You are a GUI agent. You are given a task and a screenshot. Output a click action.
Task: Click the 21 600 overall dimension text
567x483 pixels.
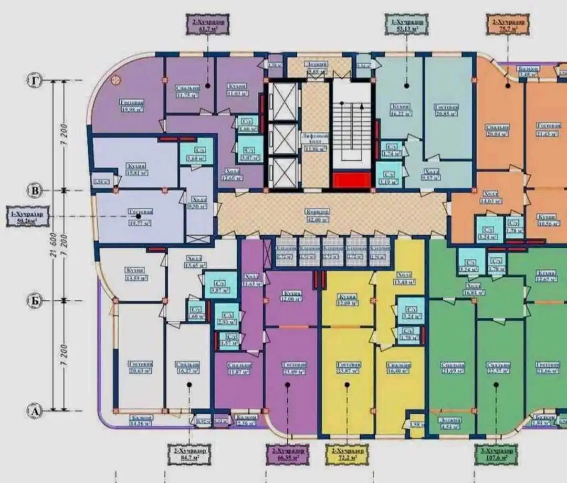point(54,245)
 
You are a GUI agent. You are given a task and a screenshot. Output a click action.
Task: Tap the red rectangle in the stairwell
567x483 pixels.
point(351,181)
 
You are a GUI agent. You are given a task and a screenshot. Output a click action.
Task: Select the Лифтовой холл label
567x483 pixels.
point(316,141)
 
